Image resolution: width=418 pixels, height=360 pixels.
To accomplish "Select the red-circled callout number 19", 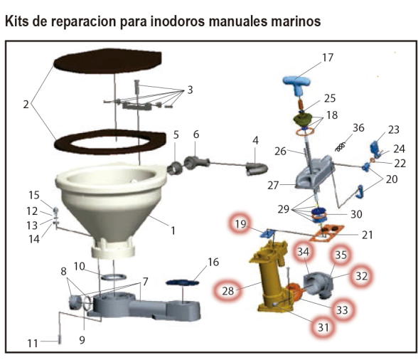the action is point(240,224).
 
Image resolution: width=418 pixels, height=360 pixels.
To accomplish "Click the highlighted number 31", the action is point(323,327).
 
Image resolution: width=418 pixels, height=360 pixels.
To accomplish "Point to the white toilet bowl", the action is point(111,203).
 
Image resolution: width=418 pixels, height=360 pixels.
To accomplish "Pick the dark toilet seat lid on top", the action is point(108,61).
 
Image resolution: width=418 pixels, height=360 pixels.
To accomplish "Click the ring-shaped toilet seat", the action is point(109,142).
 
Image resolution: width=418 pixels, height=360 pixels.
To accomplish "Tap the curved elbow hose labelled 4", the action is point(257,169).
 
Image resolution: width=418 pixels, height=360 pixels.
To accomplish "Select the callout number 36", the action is point(358,128).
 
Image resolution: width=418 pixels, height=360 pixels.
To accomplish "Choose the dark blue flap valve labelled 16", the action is point(182,282).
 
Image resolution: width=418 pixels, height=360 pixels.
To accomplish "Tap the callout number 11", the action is point(33,344).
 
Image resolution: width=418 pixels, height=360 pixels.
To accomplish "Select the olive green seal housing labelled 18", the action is point(303,120).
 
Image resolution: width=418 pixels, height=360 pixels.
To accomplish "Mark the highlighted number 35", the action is point(341,255).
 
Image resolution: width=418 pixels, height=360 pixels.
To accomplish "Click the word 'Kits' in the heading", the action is point(16,21).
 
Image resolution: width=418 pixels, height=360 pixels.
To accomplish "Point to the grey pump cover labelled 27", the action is point(314,172).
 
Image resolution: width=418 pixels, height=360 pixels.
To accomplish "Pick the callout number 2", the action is point(26,105).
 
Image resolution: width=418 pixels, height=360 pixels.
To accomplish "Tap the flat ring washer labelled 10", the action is point(114,277).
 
